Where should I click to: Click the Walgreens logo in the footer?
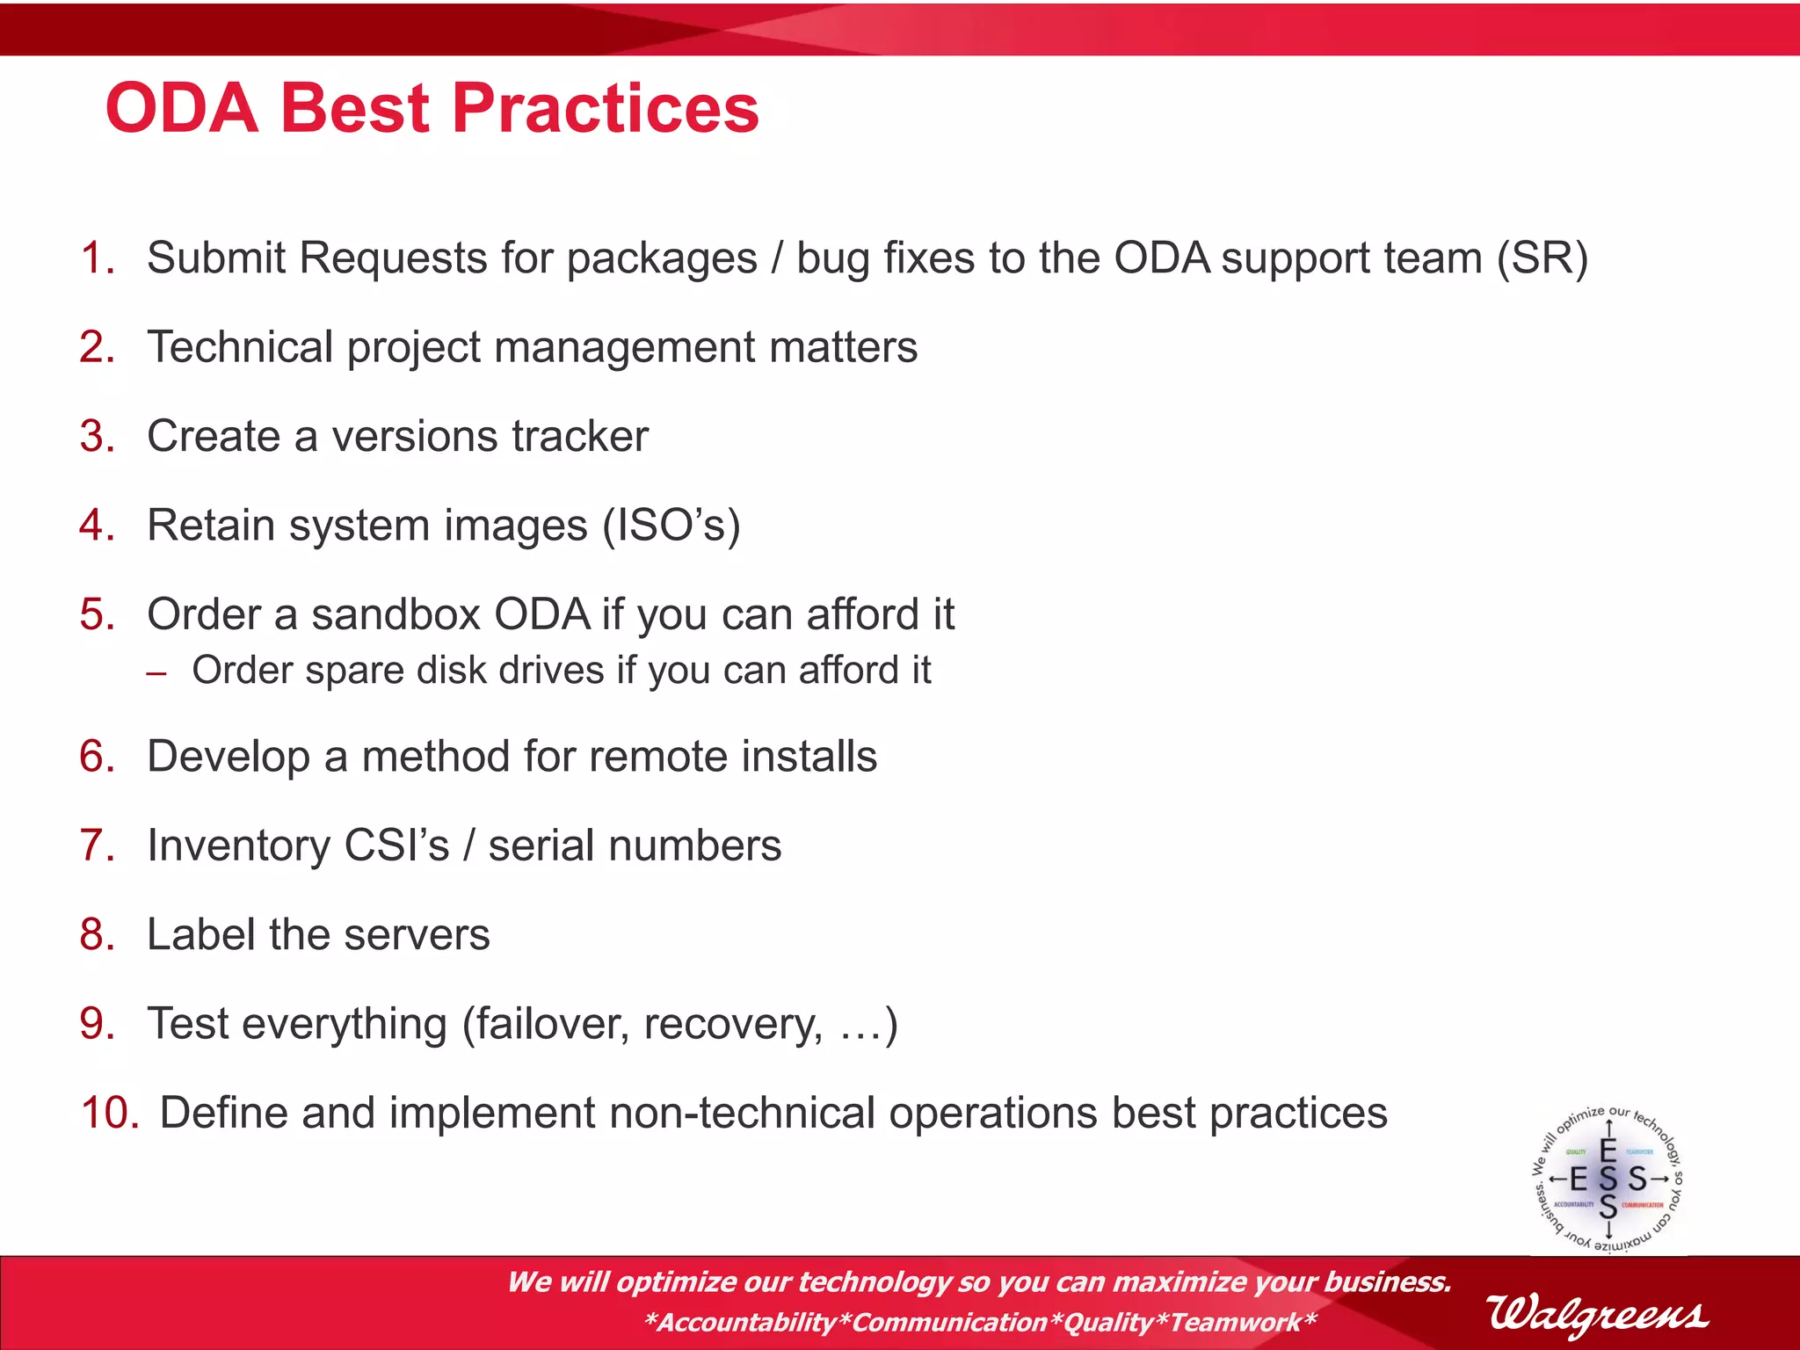1597,1314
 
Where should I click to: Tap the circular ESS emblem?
1608,1179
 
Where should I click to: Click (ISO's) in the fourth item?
671,526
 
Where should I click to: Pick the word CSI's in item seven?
396,846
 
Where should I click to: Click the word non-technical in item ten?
742,1113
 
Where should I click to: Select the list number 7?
98,846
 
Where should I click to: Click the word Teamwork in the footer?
1235,1322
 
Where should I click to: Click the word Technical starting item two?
240,347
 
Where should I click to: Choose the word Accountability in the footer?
746,1322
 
